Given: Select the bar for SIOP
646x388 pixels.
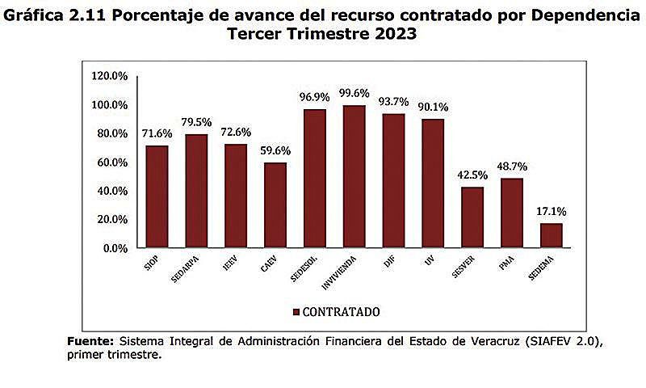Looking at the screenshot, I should pyautogui.click(x=157, y=196).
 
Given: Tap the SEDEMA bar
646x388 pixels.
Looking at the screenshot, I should pyautogui.click(x=551, y=235).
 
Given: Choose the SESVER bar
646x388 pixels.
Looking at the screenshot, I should pyautogui.click(x=472, y=217).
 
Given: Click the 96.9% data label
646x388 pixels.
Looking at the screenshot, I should pyautogui.click(x=314, y=97).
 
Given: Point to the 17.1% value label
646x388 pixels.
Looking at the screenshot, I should pyautogui.click(x=551, y=212).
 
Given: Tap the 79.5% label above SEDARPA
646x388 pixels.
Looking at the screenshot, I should pyautogui.click(x=196, y=122).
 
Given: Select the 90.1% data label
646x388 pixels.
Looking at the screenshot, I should pyautogui.click(x=433, y=107).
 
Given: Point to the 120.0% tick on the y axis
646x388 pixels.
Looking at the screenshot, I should pyautogui.click(x=110, y=76).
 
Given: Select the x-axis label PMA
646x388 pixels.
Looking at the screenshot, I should pyautogui.click(x=508, y=264).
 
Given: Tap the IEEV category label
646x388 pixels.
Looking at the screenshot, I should pyautogui.click(x=230, y=264).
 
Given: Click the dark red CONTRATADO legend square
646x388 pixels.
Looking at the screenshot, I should pyautogui.click(x=296, y=311).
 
